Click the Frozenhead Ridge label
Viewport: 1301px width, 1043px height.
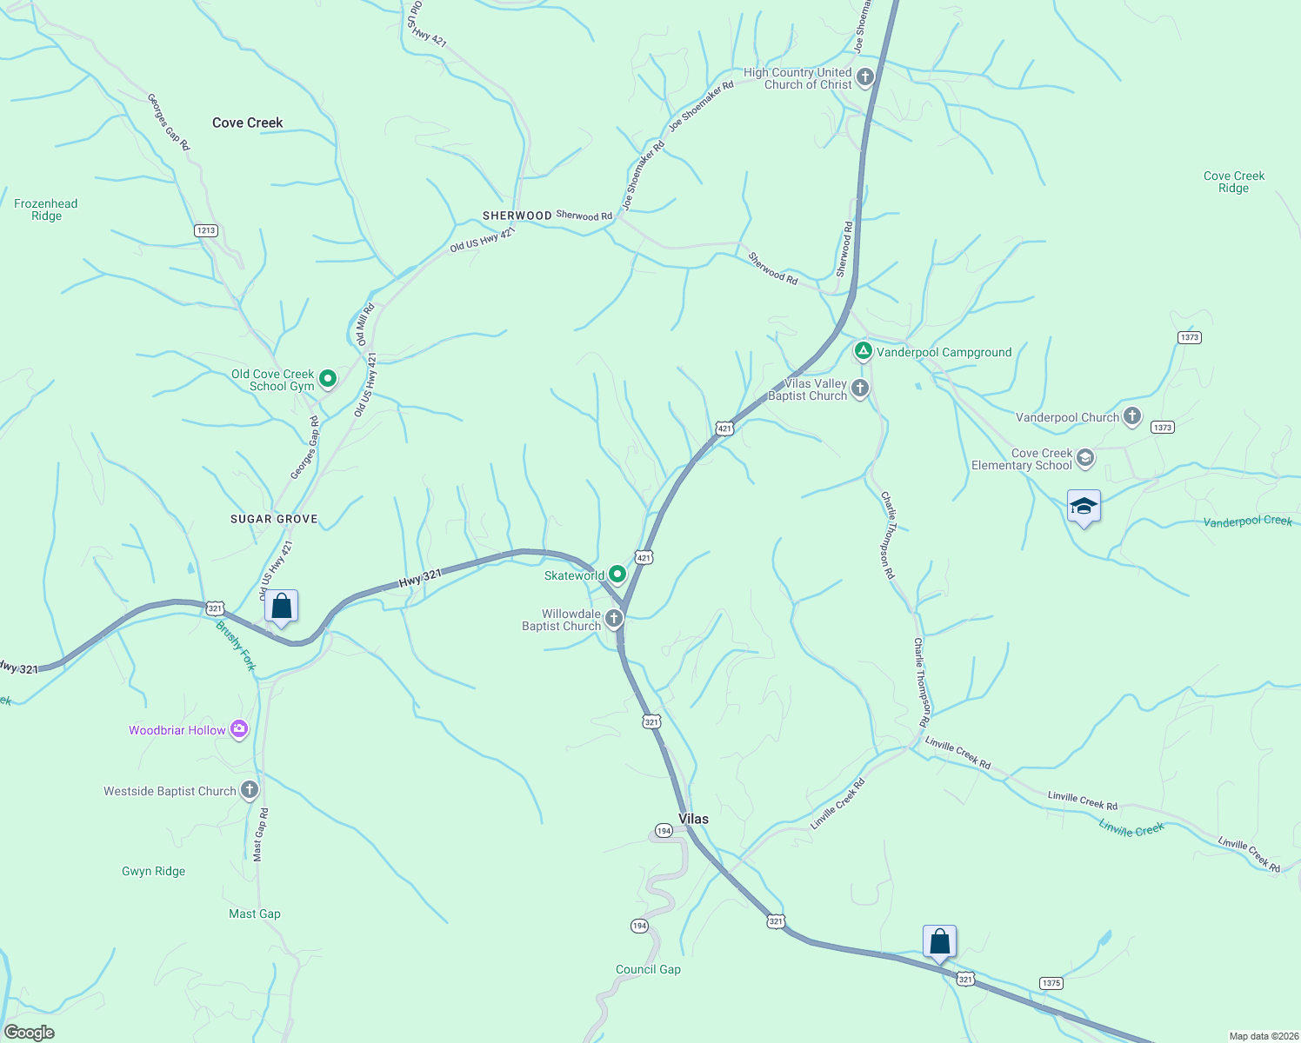point(46,209)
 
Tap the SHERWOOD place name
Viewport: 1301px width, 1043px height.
point(517,216)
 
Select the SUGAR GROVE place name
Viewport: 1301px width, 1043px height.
point(274,519)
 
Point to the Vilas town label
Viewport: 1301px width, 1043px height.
point(693,819)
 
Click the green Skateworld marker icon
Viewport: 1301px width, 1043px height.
point(617,575)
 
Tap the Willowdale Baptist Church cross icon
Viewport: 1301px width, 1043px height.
point(614,619)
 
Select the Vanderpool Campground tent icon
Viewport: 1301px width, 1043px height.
point(863,351)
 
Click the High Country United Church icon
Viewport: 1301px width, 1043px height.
point(864,78)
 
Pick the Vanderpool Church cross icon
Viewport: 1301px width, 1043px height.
point(1131,416)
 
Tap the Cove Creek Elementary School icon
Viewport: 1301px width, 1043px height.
point(1084,457)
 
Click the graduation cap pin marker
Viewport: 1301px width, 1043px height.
point(1084,506)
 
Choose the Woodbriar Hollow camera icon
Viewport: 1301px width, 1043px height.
point(239,730)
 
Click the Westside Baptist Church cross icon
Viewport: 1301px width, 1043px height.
point(250,790)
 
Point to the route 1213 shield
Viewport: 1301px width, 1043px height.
point(205,230)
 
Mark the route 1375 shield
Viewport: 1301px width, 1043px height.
point(1051,983)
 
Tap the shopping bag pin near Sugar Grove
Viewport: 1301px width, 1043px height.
point(281,606)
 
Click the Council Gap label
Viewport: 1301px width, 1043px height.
point(648,969)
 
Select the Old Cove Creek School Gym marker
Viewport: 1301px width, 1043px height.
point(328,379)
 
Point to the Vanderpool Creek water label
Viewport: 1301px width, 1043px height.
point(1247,521)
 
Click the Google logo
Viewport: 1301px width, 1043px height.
point(29,1033)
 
